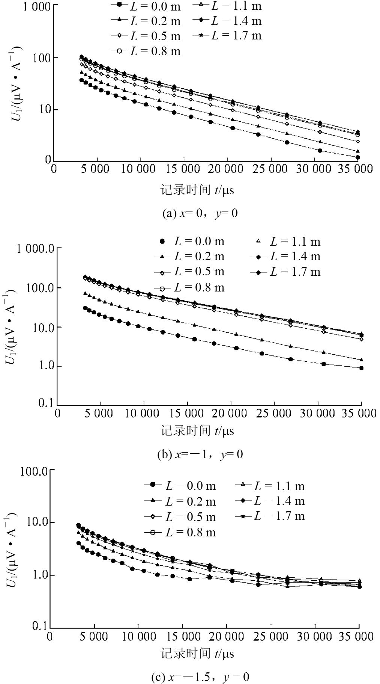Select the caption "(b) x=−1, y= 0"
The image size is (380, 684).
click(x=200, y=454)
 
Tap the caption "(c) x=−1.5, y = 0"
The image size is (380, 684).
click(x=200, y=677)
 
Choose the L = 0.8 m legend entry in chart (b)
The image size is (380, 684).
click(x=189, y=288)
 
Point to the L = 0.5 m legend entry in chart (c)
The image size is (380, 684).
click(x=180, y=516)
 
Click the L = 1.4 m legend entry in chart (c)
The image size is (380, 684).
click(x=270, y=501)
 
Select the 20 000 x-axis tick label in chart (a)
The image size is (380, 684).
click(x=226, y=169)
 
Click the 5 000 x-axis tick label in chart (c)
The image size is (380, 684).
click(x=94, y=636)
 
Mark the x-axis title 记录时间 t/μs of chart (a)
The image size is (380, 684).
click(x=197, y=190)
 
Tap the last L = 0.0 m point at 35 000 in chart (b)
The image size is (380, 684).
click(x=361, y=368)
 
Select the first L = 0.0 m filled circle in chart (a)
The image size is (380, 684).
click(x=81, y=80)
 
